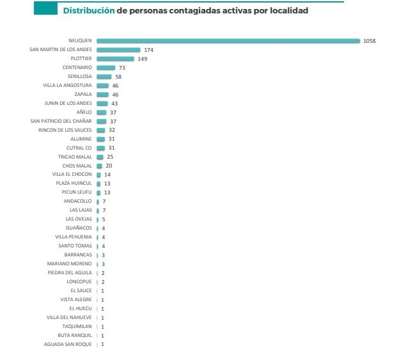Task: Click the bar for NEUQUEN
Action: coord(228,41)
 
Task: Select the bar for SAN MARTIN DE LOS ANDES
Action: coord(118,50)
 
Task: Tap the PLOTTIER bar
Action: coord(115,59)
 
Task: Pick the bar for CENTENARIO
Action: coord(106,67)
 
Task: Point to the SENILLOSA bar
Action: coord(104,76)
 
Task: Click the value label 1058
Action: coord(369,41)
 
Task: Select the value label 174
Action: coord(148,50)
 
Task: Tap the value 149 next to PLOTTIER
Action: coord(143,59)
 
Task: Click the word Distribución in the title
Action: coord(88,11)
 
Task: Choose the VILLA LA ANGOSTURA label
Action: coord(67,85)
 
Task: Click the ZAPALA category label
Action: coord(83,94)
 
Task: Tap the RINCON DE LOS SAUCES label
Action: coord(65,130)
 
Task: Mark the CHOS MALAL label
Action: coord(77,166)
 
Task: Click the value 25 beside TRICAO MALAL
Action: coord(110,157)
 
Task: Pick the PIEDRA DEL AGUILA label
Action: coord(70,273)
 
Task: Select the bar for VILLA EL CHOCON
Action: coord(98,175)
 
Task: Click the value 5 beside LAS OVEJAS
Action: coord(103,219)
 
